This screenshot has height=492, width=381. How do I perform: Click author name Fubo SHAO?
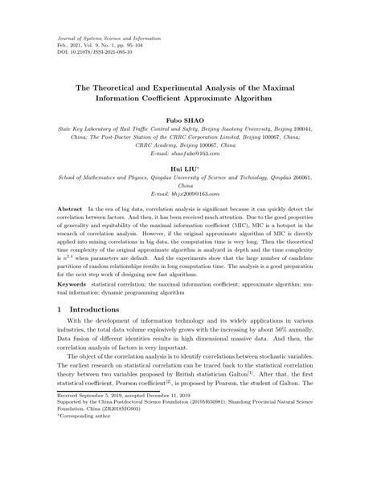190,118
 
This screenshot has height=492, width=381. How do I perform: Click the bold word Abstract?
70,208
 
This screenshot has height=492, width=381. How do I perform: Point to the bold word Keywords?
73,283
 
